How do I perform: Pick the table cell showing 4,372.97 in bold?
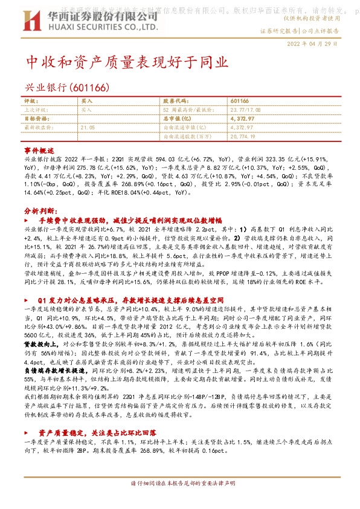[x=241, y=119]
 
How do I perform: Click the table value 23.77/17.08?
[x=247, y=110]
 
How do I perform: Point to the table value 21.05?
[x=88, y=128]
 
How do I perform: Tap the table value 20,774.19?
[x=243, y=137]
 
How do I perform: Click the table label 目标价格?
[x=37, y=119]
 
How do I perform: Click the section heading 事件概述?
[x=39, y=149]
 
